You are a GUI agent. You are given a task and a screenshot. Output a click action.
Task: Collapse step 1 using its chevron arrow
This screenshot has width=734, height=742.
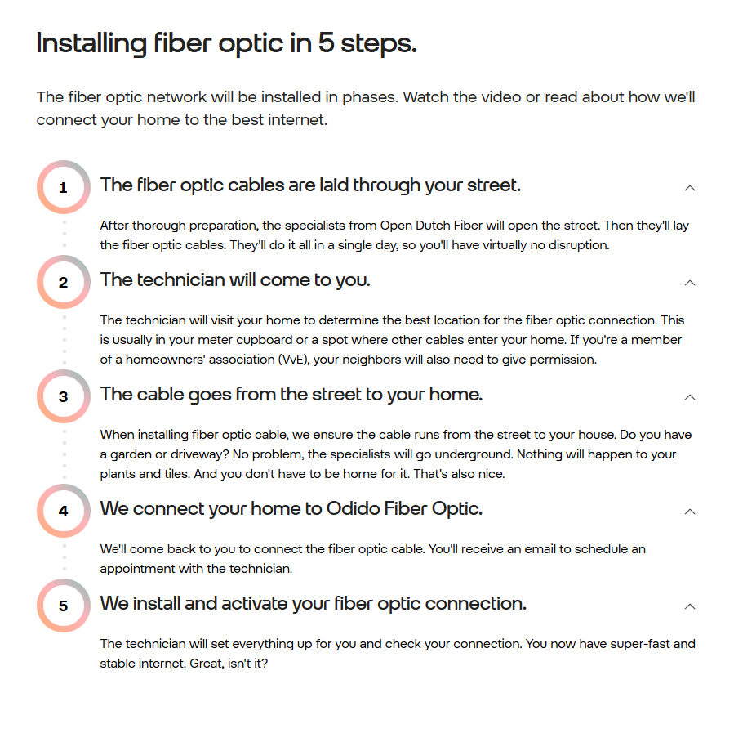pos(690,188)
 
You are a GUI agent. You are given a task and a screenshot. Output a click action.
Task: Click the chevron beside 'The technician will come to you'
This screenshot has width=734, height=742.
pos(690,283)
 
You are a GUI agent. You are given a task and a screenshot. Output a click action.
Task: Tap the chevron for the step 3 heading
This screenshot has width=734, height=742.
pos(690,397)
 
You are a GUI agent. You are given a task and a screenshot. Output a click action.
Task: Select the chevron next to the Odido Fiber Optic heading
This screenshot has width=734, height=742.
pos(690,512)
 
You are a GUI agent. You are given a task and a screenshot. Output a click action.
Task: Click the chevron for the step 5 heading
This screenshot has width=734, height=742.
pos(690,606)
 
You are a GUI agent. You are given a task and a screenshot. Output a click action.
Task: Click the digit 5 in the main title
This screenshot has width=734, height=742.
pos(326,43)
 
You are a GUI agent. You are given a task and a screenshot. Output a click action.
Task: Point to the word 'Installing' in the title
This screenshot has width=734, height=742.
pos(91,44)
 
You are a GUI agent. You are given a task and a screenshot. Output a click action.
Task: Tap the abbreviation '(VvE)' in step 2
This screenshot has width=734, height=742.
pos(294,360)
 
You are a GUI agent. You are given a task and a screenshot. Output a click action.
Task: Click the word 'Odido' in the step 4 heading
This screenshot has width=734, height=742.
pos(354,509)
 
